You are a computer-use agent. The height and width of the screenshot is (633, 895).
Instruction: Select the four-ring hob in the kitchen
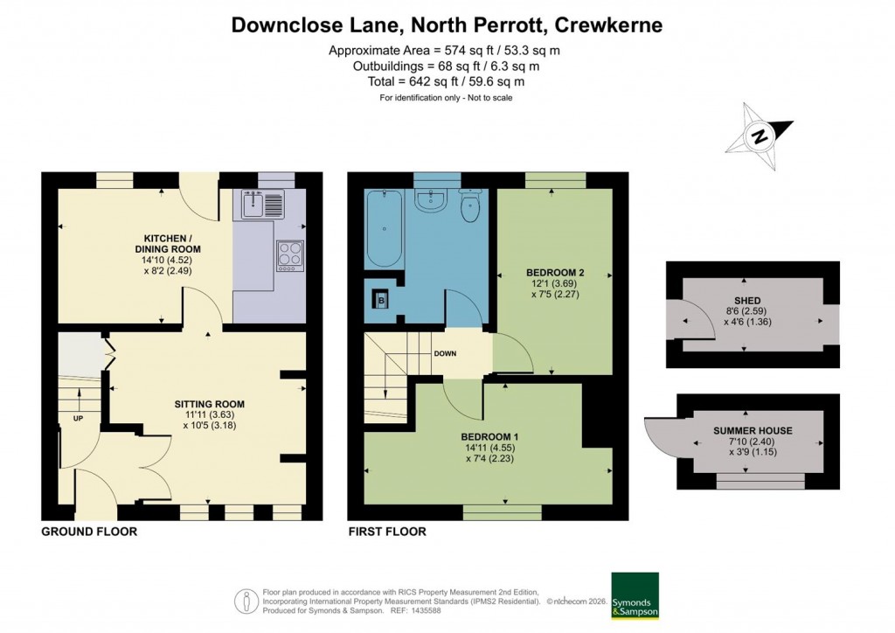point(289,253)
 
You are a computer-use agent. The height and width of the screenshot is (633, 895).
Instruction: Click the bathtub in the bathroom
point(384,229)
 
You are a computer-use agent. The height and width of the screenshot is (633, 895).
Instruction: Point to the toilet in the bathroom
point(470,206)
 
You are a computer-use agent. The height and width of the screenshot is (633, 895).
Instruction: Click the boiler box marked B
point(381,299)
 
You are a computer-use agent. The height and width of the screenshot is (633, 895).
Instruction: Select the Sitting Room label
point(209,404)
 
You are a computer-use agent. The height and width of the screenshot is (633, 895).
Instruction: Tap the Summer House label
point(753,431)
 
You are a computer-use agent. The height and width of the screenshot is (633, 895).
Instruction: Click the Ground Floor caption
point(89,532)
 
